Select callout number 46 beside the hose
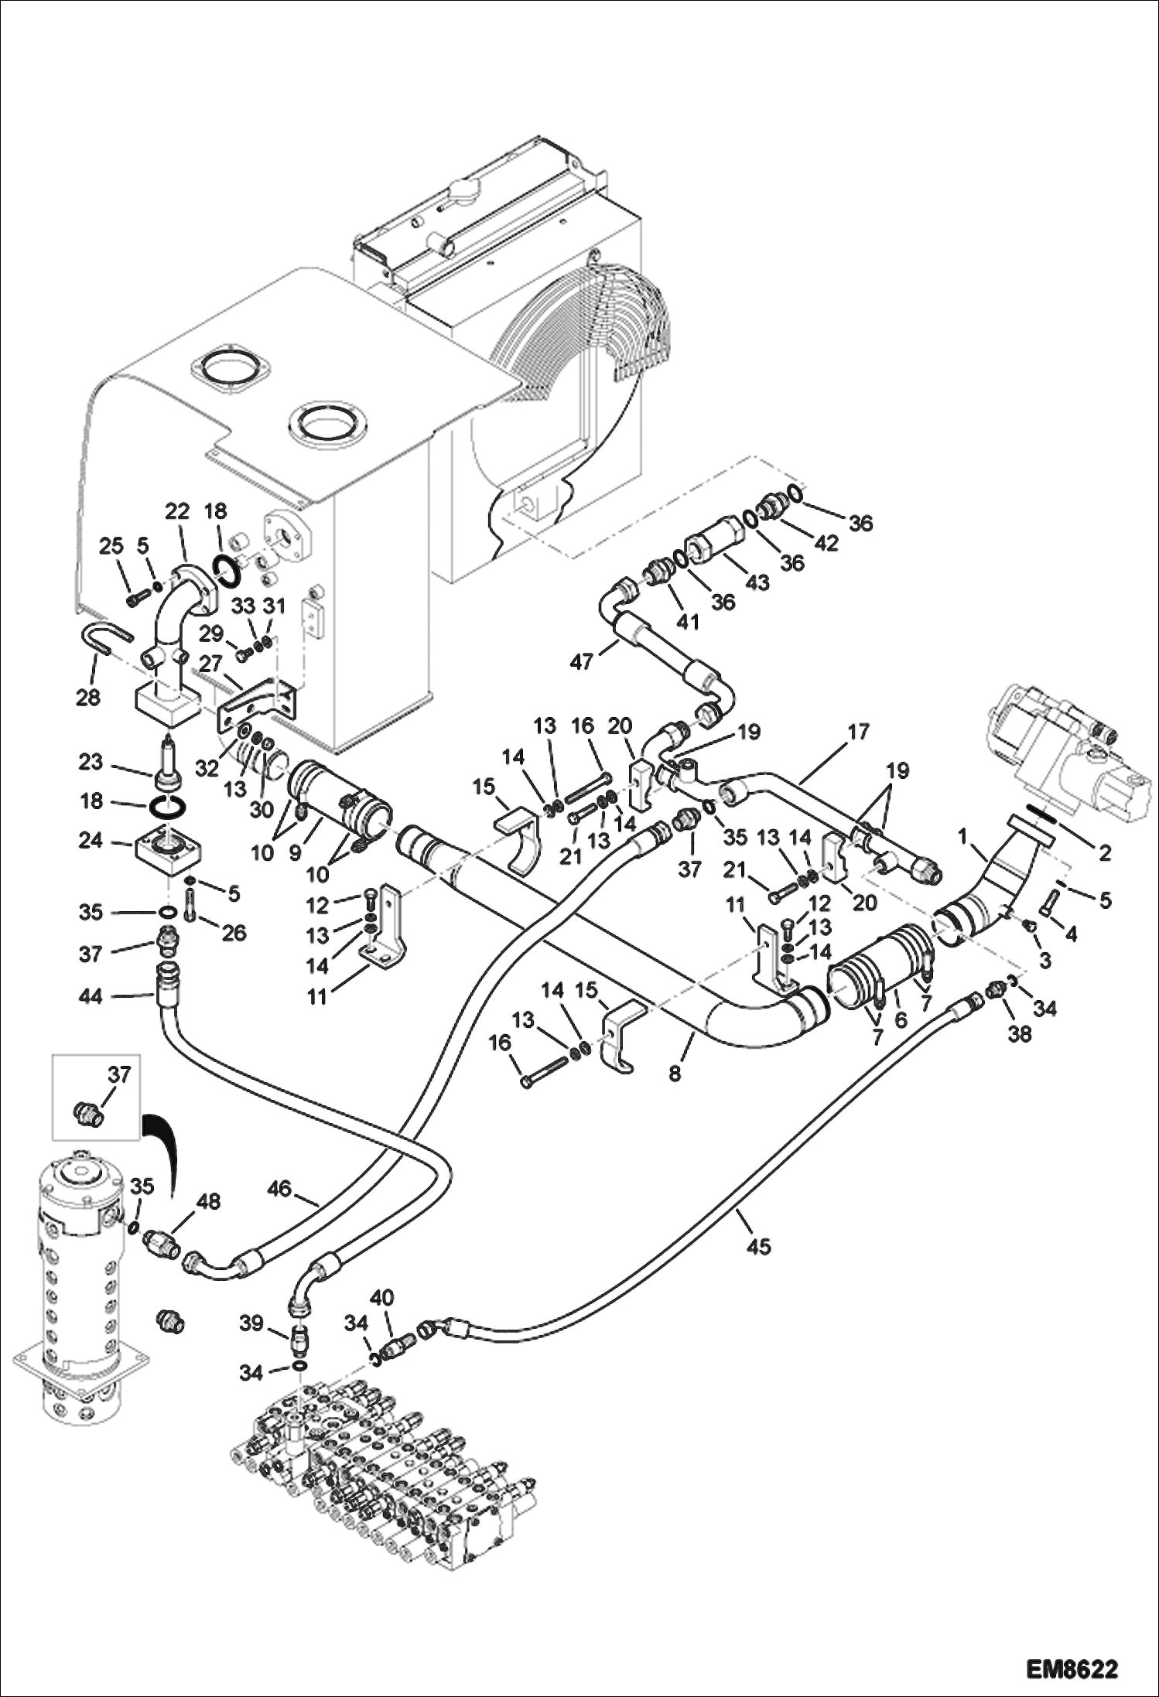(279, 1188)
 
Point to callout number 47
(582, 661)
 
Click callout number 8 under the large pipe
(675, 1074)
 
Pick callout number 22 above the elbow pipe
(177, 511)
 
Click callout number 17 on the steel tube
(858, 731)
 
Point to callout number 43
(757, 582)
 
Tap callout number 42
(826, 543)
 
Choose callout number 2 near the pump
(1104, 853)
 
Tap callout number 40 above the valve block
(381, 1297)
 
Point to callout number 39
(251, 1323)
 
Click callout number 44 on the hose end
(91, 998)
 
